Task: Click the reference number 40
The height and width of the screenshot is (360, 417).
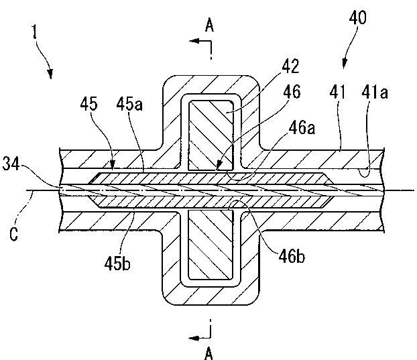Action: pos(358,17)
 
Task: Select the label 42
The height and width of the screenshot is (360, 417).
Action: pos(291,66)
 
